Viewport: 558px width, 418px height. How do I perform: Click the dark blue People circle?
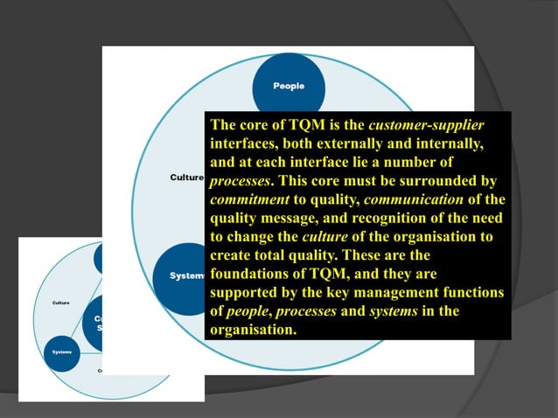(x=289, y=87)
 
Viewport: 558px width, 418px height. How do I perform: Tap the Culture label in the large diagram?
(x=186, y=178)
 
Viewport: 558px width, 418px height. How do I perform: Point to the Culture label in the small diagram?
(x=61, y=303)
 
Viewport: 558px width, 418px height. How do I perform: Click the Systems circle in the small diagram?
(x=62, y=352)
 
